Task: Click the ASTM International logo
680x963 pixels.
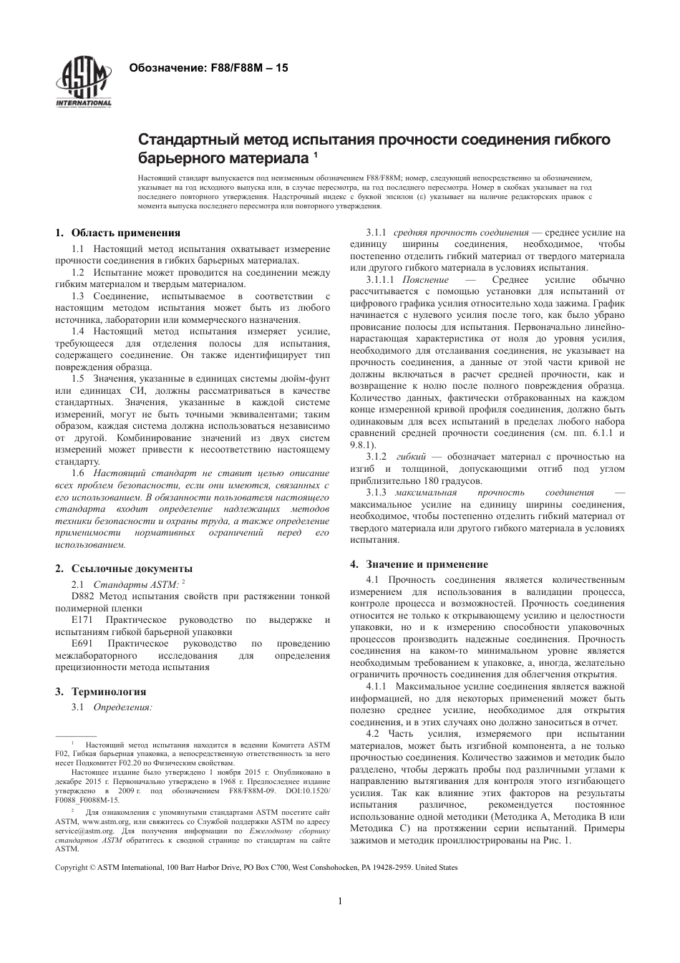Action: [x=84, y=83]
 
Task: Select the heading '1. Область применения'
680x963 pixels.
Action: [x=118, y=233]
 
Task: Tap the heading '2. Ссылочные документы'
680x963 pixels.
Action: [x=124, y=568]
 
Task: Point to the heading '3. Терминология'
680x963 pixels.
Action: [x=101, y=692]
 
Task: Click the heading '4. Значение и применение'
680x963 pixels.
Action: [x=419, y=564]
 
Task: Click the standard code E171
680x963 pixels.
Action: [x=82, y=619]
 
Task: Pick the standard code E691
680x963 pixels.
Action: [x=82, y=644]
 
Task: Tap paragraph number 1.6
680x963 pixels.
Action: [x=79, y=474]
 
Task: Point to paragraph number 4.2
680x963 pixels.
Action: [x=372, y=734]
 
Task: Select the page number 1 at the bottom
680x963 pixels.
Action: [x=339, y=901]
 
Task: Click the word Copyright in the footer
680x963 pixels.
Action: [x=72, y=867]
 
